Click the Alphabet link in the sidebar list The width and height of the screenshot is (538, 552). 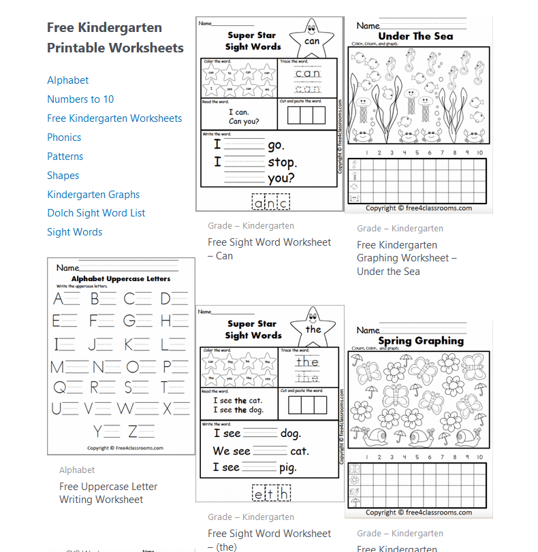[x=68, y=80]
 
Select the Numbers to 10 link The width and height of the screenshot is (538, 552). [x=80, y=99]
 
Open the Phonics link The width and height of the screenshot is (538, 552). [x=64, y=137]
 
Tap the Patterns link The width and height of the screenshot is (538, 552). [x=65, y=157]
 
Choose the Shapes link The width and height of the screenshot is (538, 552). [x=63, y=176]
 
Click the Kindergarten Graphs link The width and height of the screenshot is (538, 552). [x=93, y=195]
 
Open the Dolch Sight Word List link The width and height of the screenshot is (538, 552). [x=96, y=213]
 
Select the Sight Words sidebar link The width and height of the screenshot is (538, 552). [x=75, y=232]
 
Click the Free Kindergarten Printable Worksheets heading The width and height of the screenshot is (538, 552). [x=115, y=37]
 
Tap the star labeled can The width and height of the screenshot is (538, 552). [x=312, y=40]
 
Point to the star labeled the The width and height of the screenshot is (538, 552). [x=313, y=329]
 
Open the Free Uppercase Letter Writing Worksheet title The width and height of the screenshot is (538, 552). [x=108, y=493]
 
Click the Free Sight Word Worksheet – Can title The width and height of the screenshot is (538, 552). [x=269, y=249]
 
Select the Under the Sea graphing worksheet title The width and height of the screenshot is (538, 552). [x=407, y=258]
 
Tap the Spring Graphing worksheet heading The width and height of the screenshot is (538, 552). [x=420, y=340]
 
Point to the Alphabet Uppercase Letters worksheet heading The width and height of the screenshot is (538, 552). [x=121, y=279]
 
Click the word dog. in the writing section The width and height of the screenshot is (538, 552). [x=290, y=434]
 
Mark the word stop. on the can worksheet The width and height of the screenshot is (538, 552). [x=282, y=163]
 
